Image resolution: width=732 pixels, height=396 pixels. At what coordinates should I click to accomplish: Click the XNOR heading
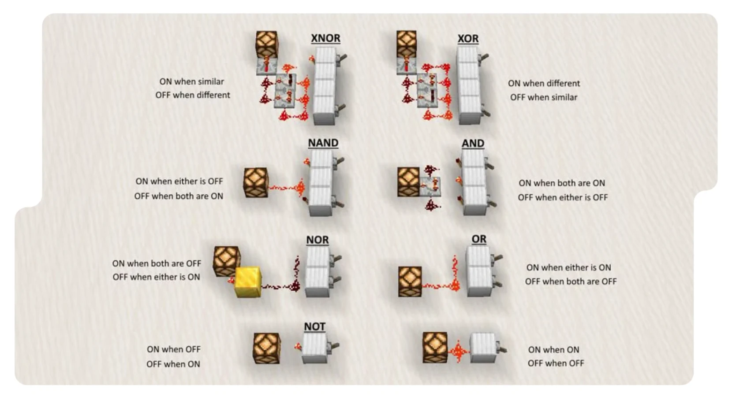pyautogui.click(x=325, y=38)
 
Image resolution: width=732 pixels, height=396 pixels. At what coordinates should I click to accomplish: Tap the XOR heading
pyautogui.click(x=468, y=39)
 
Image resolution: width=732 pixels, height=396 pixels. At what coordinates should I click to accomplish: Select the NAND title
pyautogui.click(x=323, y=143)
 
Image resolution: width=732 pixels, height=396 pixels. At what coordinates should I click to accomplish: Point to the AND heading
pyautogui.click(x=473, y=144)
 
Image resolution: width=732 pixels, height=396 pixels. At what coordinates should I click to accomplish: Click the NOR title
pyautogui.click(x=317, y=240)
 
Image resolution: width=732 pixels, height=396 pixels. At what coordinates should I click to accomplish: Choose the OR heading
pyautogui.click(x=479, y=239)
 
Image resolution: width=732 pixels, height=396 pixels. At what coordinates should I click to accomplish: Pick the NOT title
pyautogui.click(x=314, y=327)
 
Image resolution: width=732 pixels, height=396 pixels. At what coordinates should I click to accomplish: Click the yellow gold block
pyautogui.click(x=248, y=281)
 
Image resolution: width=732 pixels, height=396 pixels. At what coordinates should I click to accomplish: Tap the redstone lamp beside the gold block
pyautogui.click(x=226, y=261)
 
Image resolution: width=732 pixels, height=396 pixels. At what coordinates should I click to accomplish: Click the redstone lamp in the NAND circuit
pyautogui.click(x=256, y=182)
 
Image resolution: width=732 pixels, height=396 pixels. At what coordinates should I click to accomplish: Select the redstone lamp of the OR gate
pyautogui.click(x=410, y=281)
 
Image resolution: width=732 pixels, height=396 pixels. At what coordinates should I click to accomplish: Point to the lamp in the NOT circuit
pyautogui.click(x=266, y=348)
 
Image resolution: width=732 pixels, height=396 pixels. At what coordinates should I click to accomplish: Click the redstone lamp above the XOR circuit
pyautogui.click(x=406, y=44)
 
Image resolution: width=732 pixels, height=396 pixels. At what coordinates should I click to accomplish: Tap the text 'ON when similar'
pyautogui.click(x=191, y=81)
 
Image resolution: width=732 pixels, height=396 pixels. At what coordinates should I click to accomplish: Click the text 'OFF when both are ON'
pyautogui.click(x=179, y=196)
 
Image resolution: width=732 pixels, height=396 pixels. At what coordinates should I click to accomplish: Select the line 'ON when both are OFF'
pyautogui.click(x=157, y=263)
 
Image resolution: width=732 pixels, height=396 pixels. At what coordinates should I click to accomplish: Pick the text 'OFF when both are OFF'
pyautogui.click(x=571, y=281)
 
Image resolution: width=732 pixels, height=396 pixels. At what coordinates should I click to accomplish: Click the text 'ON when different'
pyautogui.click(x=544, y=83)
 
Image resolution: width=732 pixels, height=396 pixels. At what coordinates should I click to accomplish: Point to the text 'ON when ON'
pyautogui.click(x=553, y=350)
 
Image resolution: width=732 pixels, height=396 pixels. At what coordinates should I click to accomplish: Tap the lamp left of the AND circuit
pyautogui.click(x=408, y=181)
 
